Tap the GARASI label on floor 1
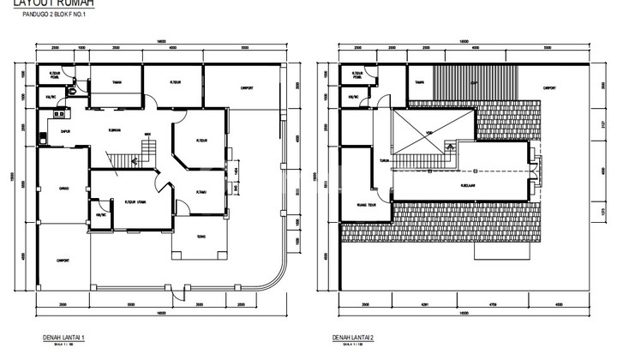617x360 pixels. click(x=63, y=189)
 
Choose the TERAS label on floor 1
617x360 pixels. click(x=200, y=237)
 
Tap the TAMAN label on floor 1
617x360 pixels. click(x=115, y=82)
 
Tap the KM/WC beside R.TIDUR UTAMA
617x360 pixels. click(x=101, y=215)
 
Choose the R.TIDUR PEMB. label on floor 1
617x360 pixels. click(x=54, y=75)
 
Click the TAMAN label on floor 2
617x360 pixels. click(x=420, y=82)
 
